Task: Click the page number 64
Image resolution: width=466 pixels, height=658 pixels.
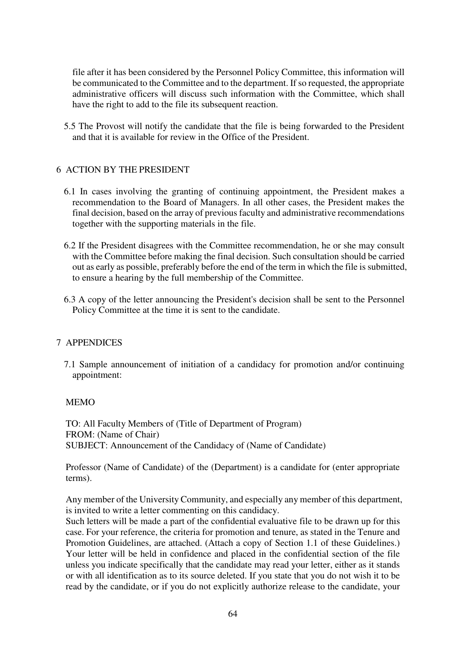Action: tap(233, 614)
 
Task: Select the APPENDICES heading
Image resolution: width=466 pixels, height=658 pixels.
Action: tap(94, 343)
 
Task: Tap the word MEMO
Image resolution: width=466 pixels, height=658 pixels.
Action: tap(80, 403)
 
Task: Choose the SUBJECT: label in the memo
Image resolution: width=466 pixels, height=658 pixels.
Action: tap(87, 446)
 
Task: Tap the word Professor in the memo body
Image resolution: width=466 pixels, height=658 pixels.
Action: tap(83, 467)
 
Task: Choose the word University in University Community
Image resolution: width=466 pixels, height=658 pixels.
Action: tap(159, 500)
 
